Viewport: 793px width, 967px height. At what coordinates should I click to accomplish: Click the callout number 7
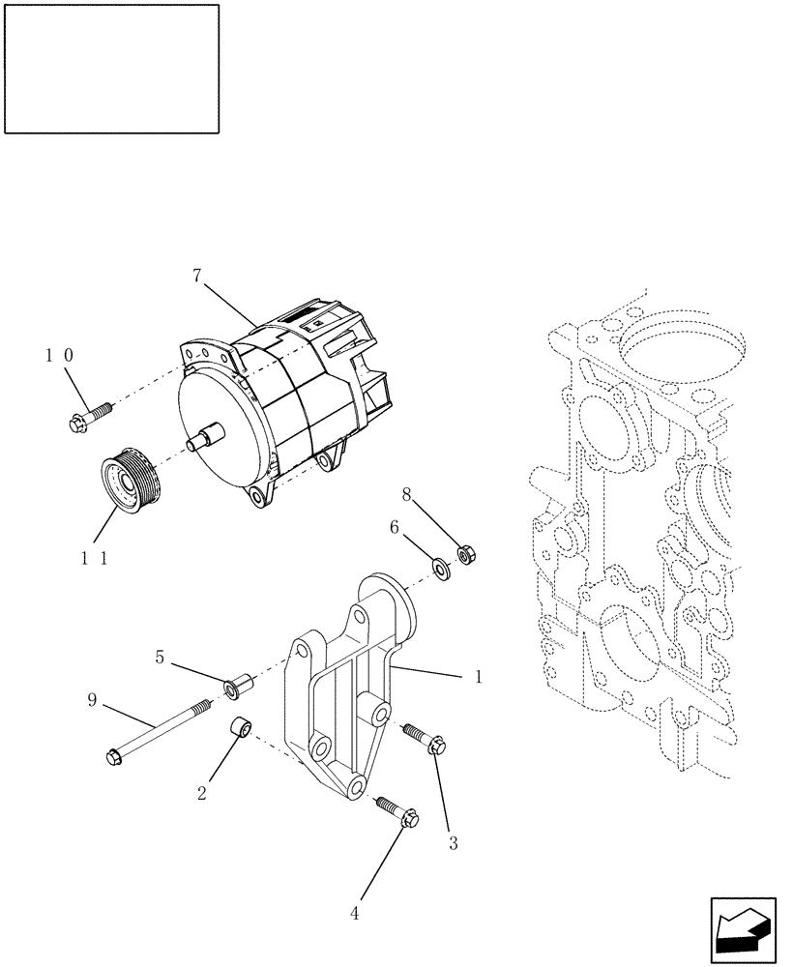(x=197, y=276)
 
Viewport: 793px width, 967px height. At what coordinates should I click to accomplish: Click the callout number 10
(x=58, y=355)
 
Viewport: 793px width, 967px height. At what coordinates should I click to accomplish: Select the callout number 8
(x=407, y=495)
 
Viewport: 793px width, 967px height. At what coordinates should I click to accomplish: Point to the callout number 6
(x=395, y=527)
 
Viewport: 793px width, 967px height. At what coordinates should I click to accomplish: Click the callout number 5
(x=160, y=657)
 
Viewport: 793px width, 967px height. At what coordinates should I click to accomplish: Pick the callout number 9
(x=92, y=699)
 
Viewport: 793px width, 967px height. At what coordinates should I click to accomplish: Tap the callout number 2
(x=201, y=793)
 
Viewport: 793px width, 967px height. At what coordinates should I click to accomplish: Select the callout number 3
(x=453, y=843)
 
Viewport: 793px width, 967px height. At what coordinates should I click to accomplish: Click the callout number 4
(x=354, y=913)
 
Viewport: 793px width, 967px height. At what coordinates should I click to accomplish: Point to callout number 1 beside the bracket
(x=478, y=678)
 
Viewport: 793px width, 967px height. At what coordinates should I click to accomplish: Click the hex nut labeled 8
(x=464, y=556)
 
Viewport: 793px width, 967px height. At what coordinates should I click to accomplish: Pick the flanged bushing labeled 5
(x=236, y=688)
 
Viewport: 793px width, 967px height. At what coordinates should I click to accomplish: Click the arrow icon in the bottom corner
(x=743, y=930)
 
